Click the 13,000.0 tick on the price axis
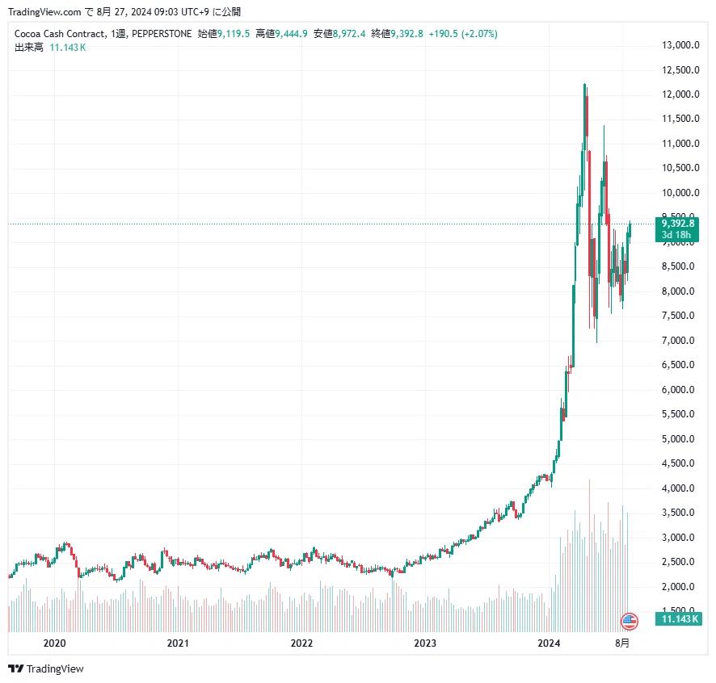[x=680, y=45]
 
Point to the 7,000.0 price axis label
[x=680, y=341]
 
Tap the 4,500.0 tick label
[x=680, y=463]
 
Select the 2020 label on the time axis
[x=54, y=643]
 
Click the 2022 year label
[x=301, y=643]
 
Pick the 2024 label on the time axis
[x=549, y=643]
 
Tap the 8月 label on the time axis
[x=622, y=643]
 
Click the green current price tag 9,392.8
[x=678, y=224]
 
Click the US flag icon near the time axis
[x=629, y=621]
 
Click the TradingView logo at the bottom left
[x=46, y=668]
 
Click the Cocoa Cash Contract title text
[x=59, y=34]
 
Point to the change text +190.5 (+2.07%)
[x=463, y=34]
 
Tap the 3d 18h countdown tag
[x=676, y=235]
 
